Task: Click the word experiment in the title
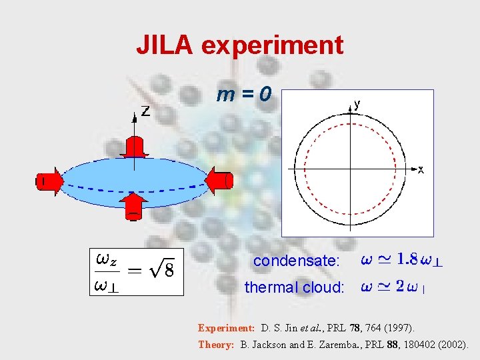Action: [272, 45]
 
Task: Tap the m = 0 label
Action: [243, 95]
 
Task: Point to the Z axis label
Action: [145, 111]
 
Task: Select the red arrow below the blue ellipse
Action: [135, 206]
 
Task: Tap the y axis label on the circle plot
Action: [357, 103]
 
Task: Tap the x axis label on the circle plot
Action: [421, 170]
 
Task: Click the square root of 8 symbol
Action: [163, 270]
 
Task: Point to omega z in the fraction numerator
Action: [107, 258]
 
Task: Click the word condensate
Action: [296, 261]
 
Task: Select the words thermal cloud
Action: [294, 287]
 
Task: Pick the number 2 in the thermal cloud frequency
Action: [399, 287]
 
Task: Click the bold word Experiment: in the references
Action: [226, 328]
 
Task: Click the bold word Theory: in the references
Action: [216, 345]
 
